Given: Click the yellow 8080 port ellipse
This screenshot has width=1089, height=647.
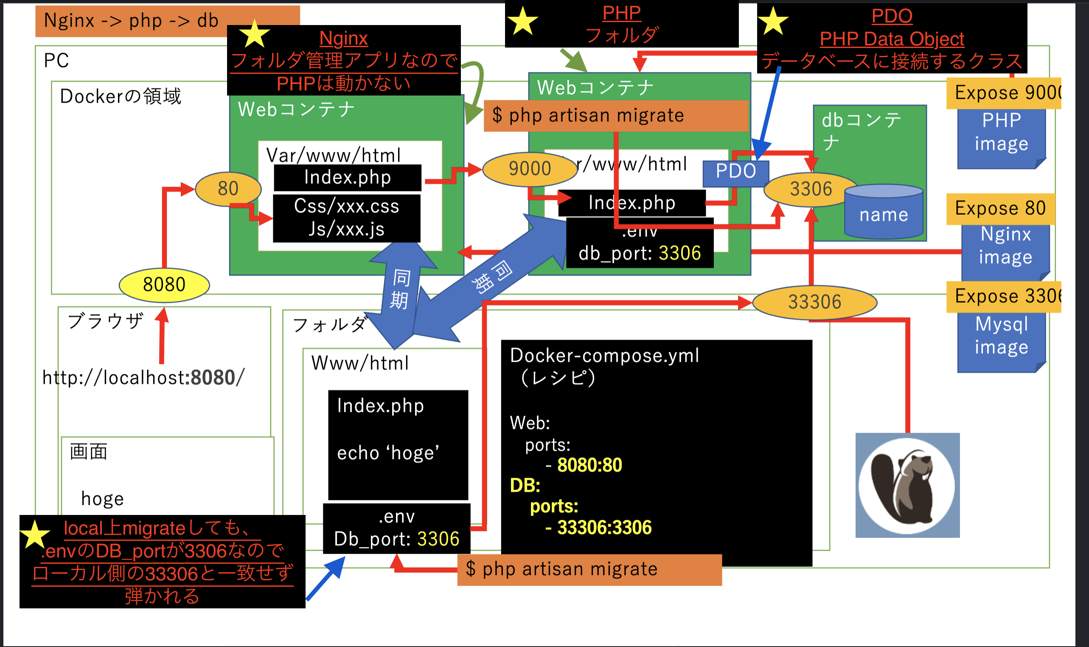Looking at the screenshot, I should point(164,285).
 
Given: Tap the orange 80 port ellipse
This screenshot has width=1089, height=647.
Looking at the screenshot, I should point(228,189).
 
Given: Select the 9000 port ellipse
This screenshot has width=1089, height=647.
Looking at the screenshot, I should point(530,169).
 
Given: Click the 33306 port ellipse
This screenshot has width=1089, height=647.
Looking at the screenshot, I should point(814,302).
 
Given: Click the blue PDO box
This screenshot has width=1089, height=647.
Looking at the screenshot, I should point(735,172).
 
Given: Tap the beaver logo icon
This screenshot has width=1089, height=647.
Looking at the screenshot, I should point(907,485).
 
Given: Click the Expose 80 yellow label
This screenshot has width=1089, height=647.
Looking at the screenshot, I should point(1000,208).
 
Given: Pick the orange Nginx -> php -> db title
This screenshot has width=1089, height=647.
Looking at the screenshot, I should point(131,20).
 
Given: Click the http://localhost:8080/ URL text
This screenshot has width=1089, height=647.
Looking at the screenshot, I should point(143,377).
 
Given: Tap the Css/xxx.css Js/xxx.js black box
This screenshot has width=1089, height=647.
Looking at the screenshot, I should point(346,218).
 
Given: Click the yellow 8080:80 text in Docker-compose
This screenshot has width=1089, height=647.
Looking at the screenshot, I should point(589,465).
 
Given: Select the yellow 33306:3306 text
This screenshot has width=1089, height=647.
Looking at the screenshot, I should point(604,528).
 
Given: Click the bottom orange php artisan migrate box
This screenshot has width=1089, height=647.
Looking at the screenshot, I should point(589,569).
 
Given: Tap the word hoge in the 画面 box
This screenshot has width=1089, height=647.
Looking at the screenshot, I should point(102,499).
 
